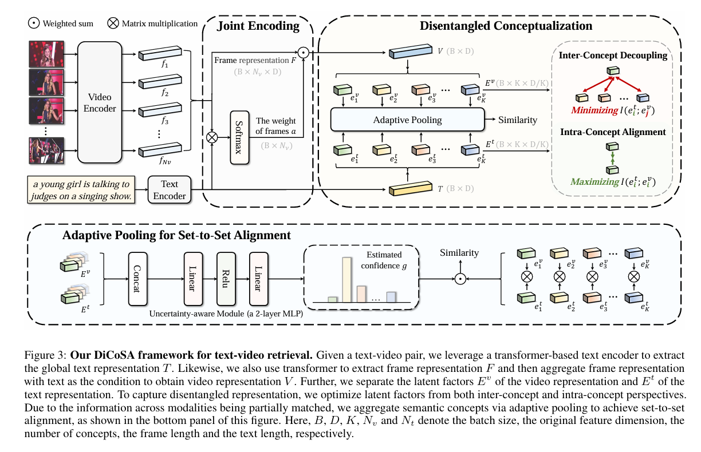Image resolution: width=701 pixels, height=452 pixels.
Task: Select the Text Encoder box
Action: coord(170,190)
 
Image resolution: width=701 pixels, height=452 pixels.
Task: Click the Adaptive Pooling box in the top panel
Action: coord(407,120)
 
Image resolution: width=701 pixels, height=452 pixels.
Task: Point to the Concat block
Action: coord(136,278)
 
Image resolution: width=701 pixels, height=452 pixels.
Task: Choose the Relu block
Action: coord(226,278)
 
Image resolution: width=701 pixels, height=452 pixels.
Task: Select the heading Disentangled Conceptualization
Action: coord(506,26)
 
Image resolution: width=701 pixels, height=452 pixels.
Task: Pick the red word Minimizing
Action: coord(593,110)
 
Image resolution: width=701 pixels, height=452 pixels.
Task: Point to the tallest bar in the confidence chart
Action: coord(346,279)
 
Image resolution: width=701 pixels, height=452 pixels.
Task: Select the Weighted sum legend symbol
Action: coord(33,24)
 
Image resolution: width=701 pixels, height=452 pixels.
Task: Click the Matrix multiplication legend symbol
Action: coord(112,24)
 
